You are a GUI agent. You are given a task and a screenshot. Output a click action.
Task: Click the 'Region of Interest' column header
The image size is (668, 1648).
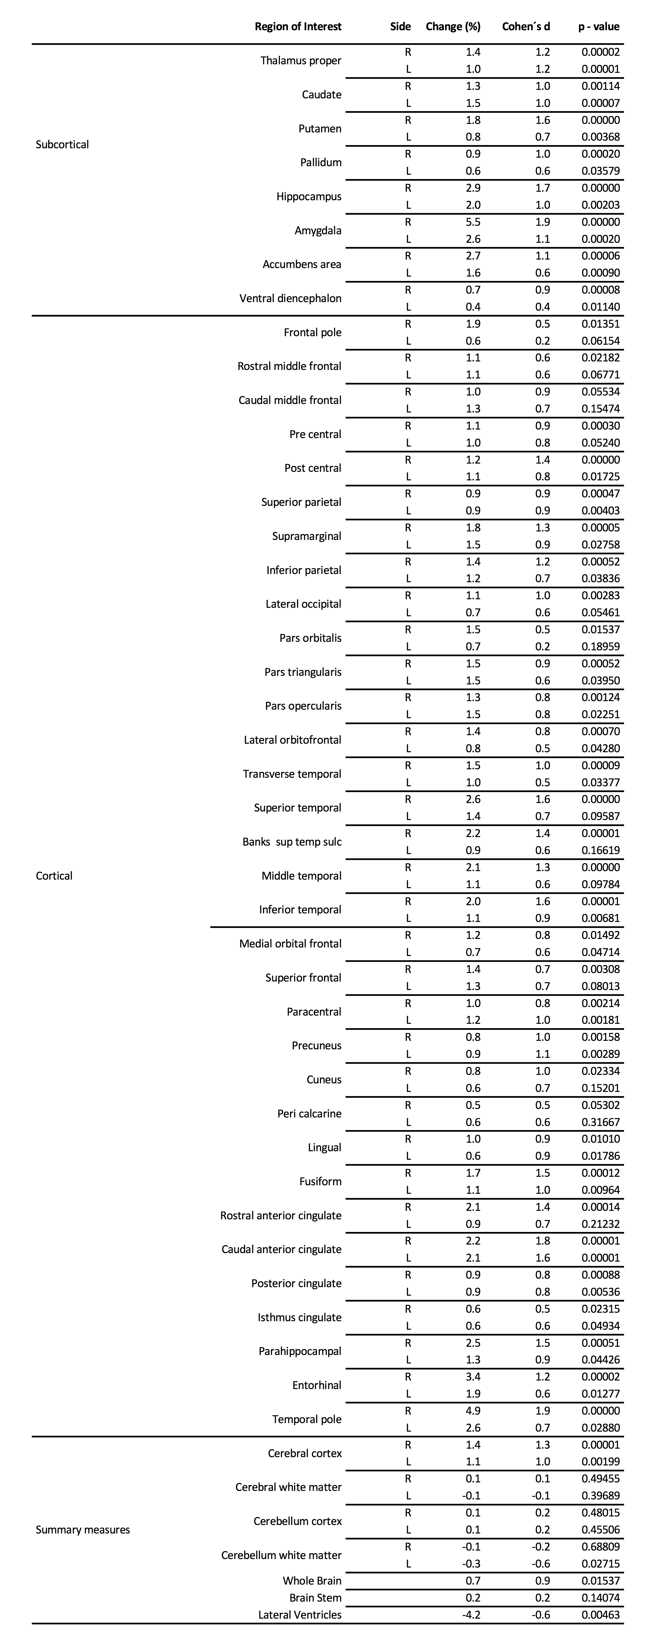298,26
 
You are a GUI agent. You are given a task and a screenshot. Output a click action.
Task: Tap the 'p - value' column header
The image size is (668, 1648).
598,26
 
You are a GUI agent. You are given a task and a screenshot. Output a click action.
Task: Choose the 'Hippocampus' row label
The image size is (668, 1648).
309,196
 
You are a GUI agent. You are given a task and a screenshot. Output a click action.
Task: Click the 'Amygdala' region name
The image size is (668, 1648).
318,230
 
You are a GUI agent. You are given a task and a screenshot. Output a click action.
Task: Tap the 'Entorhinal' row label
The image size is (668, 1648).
316,1385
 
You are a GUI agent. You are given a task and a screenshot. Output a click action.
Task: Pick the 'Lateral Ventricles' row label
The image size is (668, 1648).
300,1615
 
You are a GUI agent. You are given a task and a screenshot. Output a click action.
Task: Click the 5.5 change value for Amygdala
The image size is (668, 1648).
473,222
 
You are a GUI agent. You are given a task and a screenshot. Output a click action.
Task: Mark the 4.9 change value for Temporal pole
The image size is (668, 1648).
473,1411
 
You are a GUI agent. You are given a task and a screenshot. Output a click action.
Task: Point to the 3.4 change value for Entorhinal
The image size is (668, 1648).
473,1377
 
